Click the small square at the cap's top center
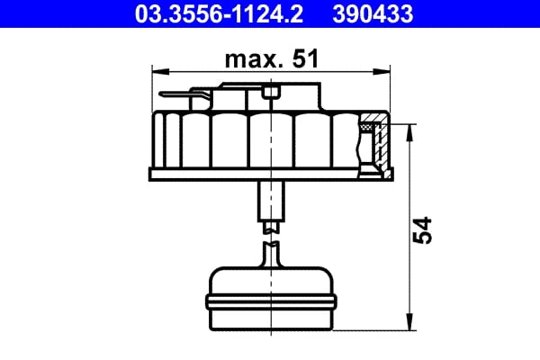(270, 92)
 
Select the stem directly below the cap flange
(270, 200)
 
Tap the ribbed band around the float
(270, 298)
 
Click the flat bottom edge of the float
(270, 329)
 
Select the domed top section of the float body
(270, 277)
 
